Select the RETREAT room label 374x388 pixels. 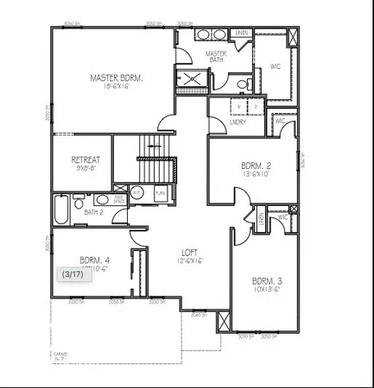pyautogui.click(x=85, y=160)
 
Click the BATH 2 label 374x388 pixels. pyautogui.click(x=94, y=211)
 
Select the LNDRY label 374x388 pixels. pyautogui.click(x=239, y=122)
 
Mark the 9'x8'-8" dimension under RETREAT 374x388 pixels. pyautogui.click(x=85, y=168)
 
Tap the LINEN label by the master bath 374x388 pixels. pyautogui.click(x=242, y=33)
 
